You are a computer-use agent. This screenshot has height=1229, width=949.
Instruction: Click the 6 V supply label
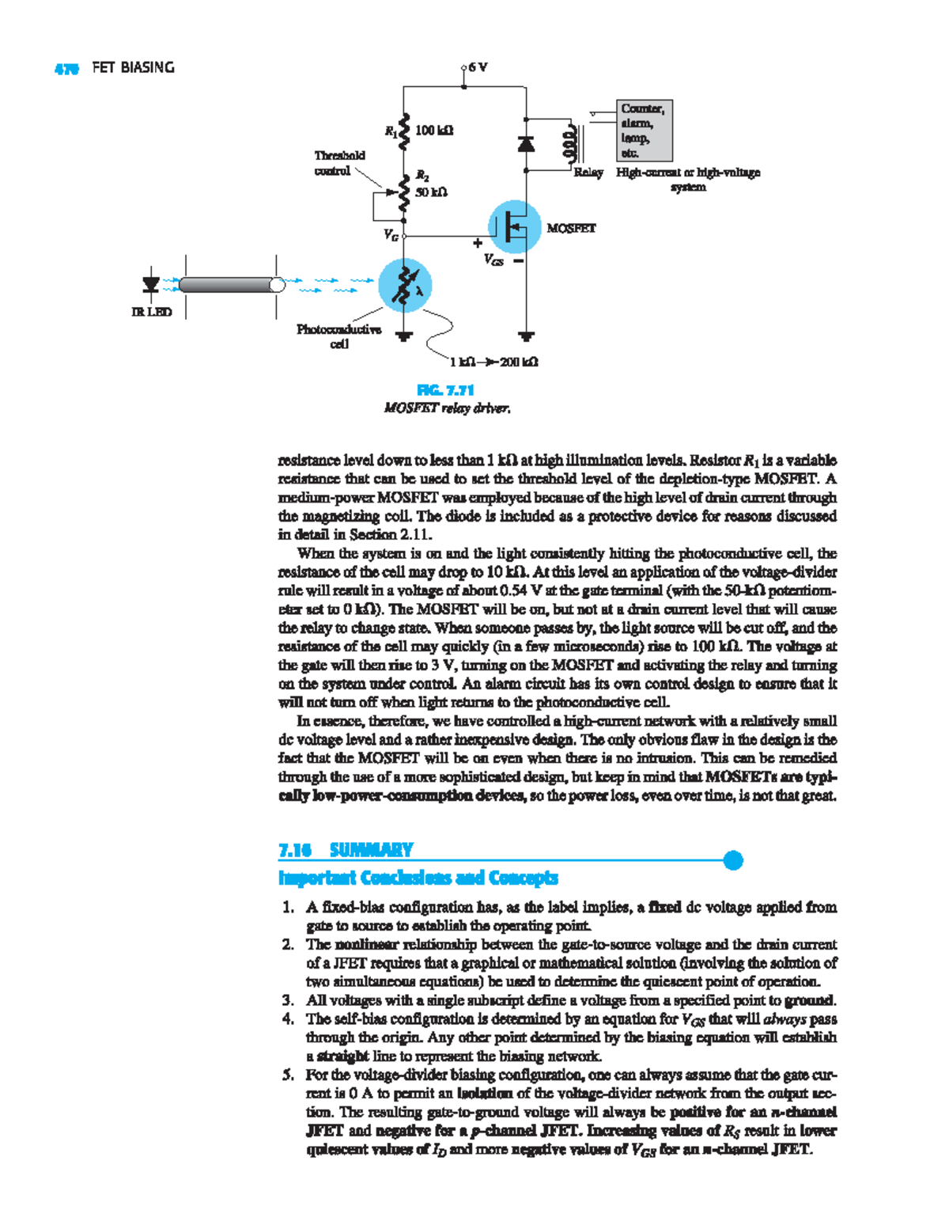478,67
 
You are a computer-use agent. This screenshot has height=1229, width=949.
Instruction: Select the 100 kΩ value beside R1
434,130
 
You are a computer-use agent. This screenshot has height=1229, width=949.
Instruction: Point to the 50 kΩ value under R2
432,192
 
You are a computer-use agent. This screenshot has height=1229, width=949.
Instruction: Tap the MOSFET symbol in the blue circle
514,227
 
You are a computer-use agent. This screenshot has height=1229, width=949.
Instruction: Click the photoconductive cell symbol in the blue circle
405,286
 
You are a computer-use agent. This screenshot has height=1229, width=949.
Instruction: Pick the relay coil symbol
568,144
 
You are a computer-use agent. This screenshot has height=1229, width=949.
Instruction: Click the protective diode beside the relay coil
526,143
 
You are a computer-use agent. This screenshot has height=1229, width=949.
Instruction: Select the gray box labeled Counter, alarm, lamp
644,131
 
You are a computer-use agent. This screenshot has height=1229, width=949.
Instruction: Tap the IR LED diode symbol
150,284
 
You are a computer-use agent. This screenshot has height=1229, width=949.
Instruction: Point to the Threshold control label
339,163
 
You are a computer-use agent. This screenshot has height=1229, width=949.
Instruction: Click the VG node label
391,235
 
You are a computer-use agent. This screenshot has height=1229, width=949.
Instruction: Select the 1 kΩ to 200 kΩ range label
494,362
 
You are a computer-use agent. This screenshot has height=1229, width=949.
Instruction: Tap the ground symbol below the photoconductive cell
405,336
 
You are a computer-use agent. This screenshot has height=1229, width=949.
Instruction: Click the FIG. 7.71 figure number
445,389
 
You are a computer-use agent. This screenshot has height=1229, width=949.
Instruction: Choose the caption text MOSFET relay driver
447,408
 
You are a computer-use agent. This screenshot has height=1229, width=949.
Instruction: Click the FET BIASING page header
133,68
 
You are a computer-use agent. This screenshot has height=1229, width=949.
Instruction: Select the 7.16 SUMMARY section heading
346,850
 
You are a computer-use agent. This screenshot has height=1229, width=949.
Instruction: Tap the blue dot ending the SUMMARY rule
733,860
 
